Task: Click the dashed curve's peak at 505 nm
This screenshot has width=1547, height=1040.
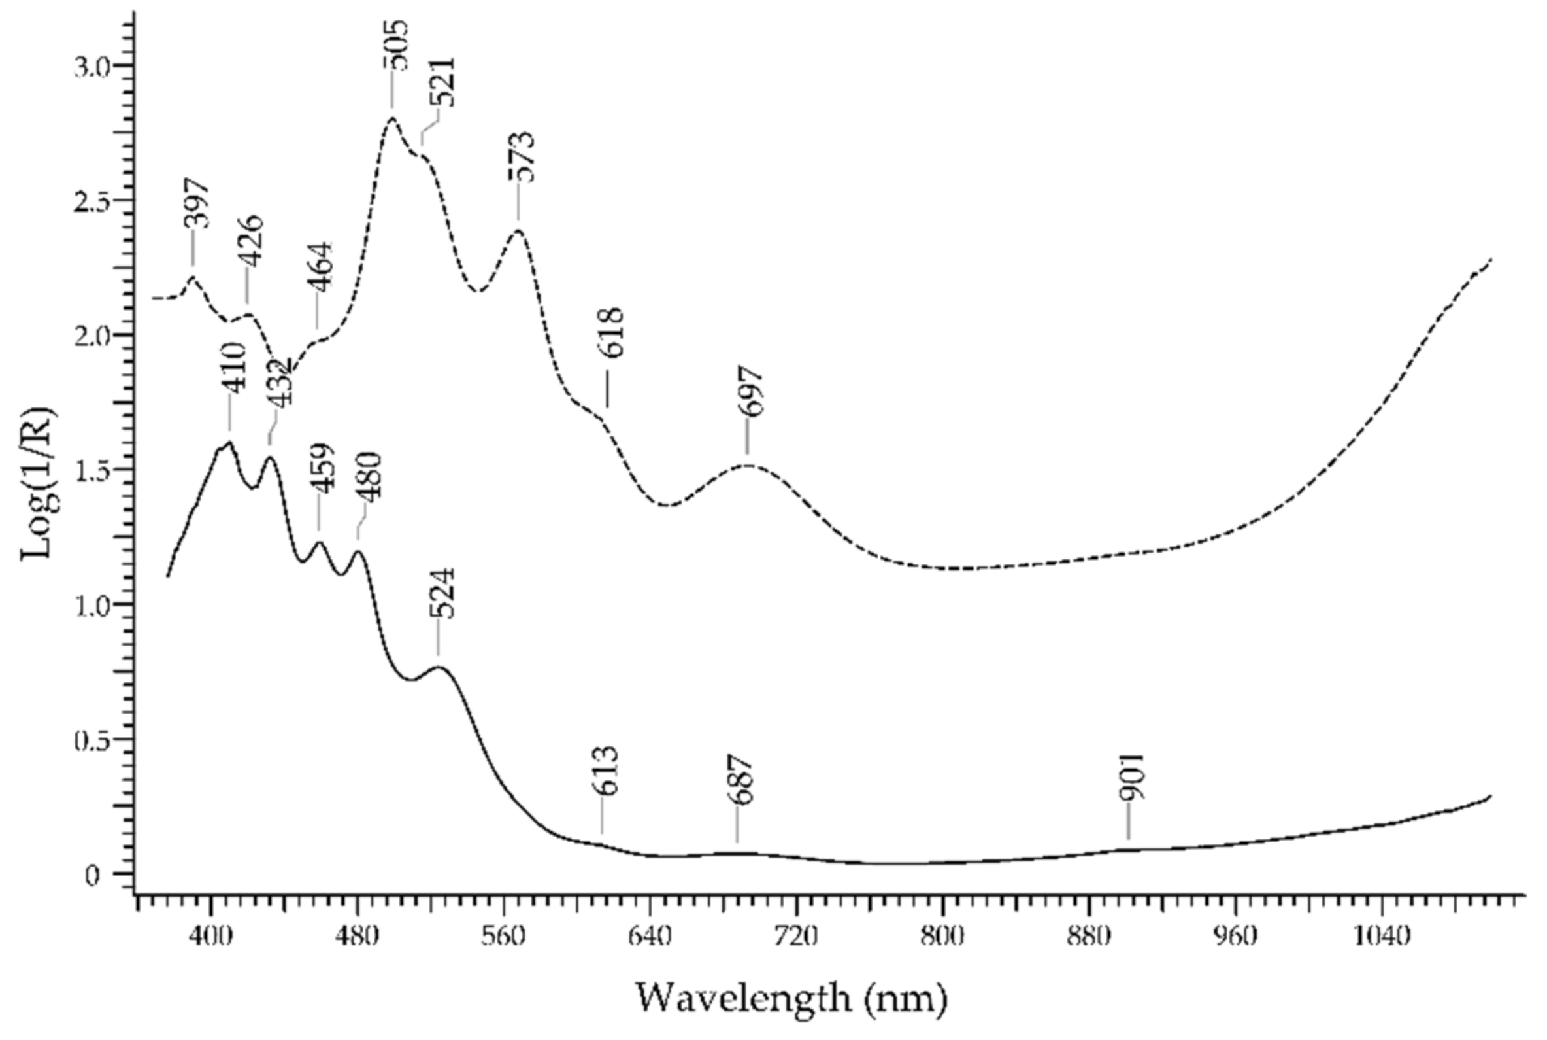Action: (392, 119)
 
